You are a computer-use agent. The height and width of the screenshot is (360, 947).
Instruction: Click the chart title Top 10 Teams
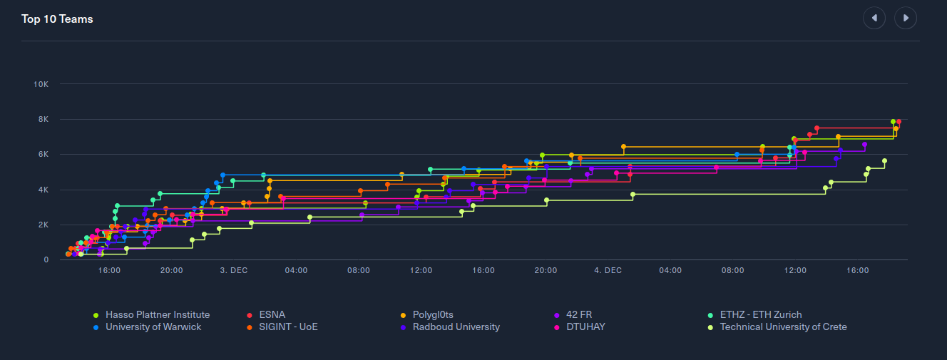click(57, 19)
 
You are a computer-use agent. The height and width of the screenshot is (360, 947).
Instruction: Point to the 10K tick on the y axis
click(41, 84)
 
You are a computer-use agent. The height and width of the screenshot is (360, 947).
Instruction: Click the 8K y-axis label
click(42, 119)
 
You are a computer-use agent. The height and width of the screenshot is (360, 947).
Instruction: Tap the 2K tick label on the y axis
click(42, 225)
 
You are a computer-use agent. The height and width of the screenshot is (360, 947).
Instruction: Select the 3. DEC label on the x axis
click(234, 270)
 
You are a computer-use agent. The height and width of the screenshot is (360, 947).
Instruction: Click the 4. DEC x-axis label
click(608, 270)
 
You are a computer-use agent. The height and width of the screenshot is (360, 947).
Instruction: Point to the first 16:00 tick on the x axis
click(109, 270)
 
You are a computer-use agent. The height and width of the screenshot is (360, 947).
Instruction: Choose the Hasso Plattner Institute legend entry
click(157, 314)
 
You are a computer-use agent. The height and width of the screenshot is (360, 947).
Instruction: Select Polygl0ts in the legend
click(433, 314)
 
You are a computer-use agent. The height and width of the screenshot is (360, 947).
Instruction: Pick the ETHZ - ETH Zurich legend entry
click(760, 314)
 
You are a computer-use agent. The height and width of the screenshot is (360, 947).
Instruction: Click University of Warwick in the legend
click(153, 327)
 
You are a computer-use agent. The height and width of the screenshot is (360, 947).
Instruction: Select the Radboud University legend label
click(456, 327)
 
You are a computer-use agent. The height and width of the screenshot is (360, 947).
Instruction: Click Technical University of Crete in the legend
click(783, 327)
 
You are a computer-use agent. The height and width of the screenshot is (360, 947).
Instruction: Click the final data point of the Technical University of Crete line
click(884, 161)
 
